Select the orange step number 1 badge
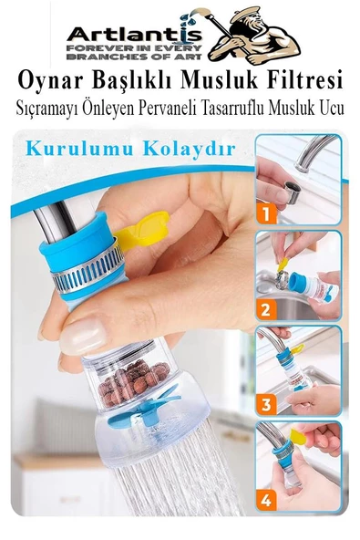[x=265, y=213]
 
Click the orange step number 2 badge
[x=265, y=309]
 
